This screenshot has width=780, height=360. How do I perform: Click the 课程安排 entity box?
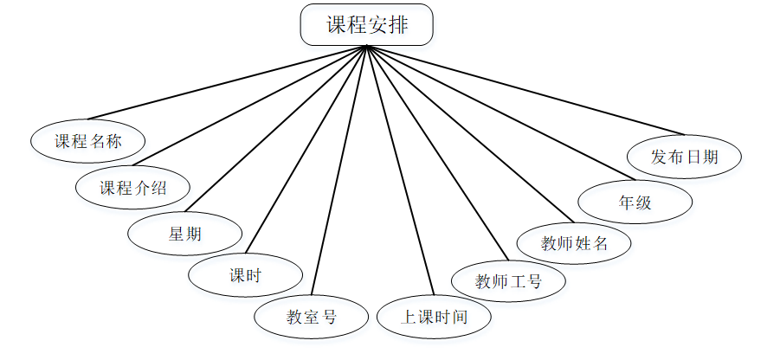tap(366, 25)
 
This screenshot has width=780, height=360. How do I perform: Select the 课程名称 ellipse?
tap(87, 141)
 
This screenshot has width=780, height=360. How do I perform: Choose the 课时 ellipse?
tap(246, 276)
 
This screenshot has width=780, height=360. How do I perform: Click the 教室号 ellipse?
tap(311, 317)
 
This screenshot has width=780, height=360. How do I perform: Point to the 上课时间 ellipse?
tap(434, 317)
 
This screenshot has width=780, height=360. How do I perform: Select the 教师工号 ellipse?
tap(508, 280)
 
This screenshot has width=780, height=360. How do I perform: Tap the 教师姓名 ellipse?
tap(574, 243)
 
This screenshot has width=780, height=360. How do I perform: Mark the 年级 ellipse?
tap(635, 202)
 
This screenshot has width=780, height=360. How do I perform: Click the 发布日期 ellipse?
tap(684, 157)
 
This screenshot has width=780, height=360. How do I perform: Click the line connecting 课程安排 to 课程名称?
tap(228, 82)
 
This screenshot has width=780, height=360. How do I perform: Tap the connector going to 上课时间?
tap(399, 170)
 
